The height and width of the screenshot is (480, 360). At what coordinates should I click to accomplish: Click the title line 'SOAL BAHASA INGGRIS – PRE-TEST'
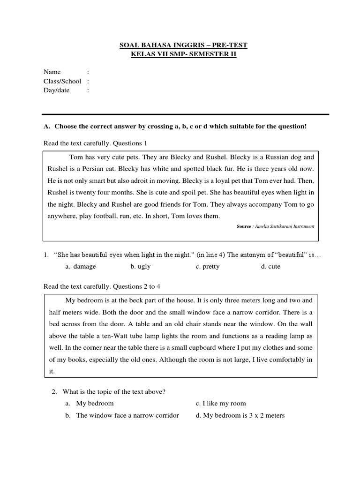[x=183, y=45]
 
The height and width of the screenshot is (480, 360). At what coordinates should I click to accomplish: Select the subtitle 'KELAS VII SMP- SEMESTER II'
[x=183, y=55]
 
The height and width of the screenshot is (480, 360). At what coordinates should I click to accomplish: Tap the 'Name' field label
[x=52, y=72]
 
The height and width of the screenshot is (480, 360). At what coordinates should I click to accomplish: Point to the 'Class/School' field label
[x=62, y=81]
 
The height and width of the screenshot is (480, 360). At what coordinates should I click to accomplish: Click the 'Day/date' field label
[x=56, y=90]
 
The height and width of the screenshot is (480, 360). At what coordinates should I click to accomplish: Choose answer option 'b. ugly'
[x=141, y=266]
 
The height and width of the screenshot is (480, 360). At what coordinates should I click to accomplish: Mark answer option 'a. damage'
[x=81, y=266]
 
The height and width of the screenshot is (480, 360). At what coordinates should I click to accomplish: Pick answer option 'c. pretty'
[x=208, y=266]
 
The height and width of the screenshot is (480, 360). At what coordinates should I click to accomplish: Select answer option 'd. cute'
[x=271, y=266]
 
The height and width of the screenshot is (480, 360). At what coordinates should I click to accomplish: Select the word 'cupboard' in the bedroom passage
[x=229, y=348]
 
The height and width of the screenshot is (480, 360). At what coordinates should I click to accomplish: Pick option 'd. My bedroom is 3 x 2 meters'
[x=240, y=415]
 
